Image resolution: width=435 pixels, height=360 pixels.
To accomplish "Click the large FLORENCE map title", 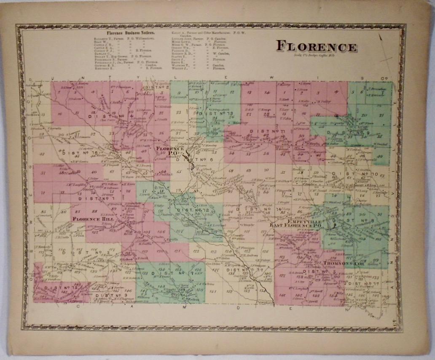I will [x=316, y=46].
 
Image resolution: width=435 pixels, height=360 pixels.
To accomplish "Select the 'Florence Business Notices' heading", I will [x=124, y=32].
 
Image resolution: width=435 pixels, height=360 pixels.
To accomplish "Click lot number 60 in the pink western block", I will [x=94, y=172].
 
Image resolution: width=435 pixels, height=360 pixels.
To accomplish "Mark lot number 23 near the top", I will [x=178, y=112].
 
